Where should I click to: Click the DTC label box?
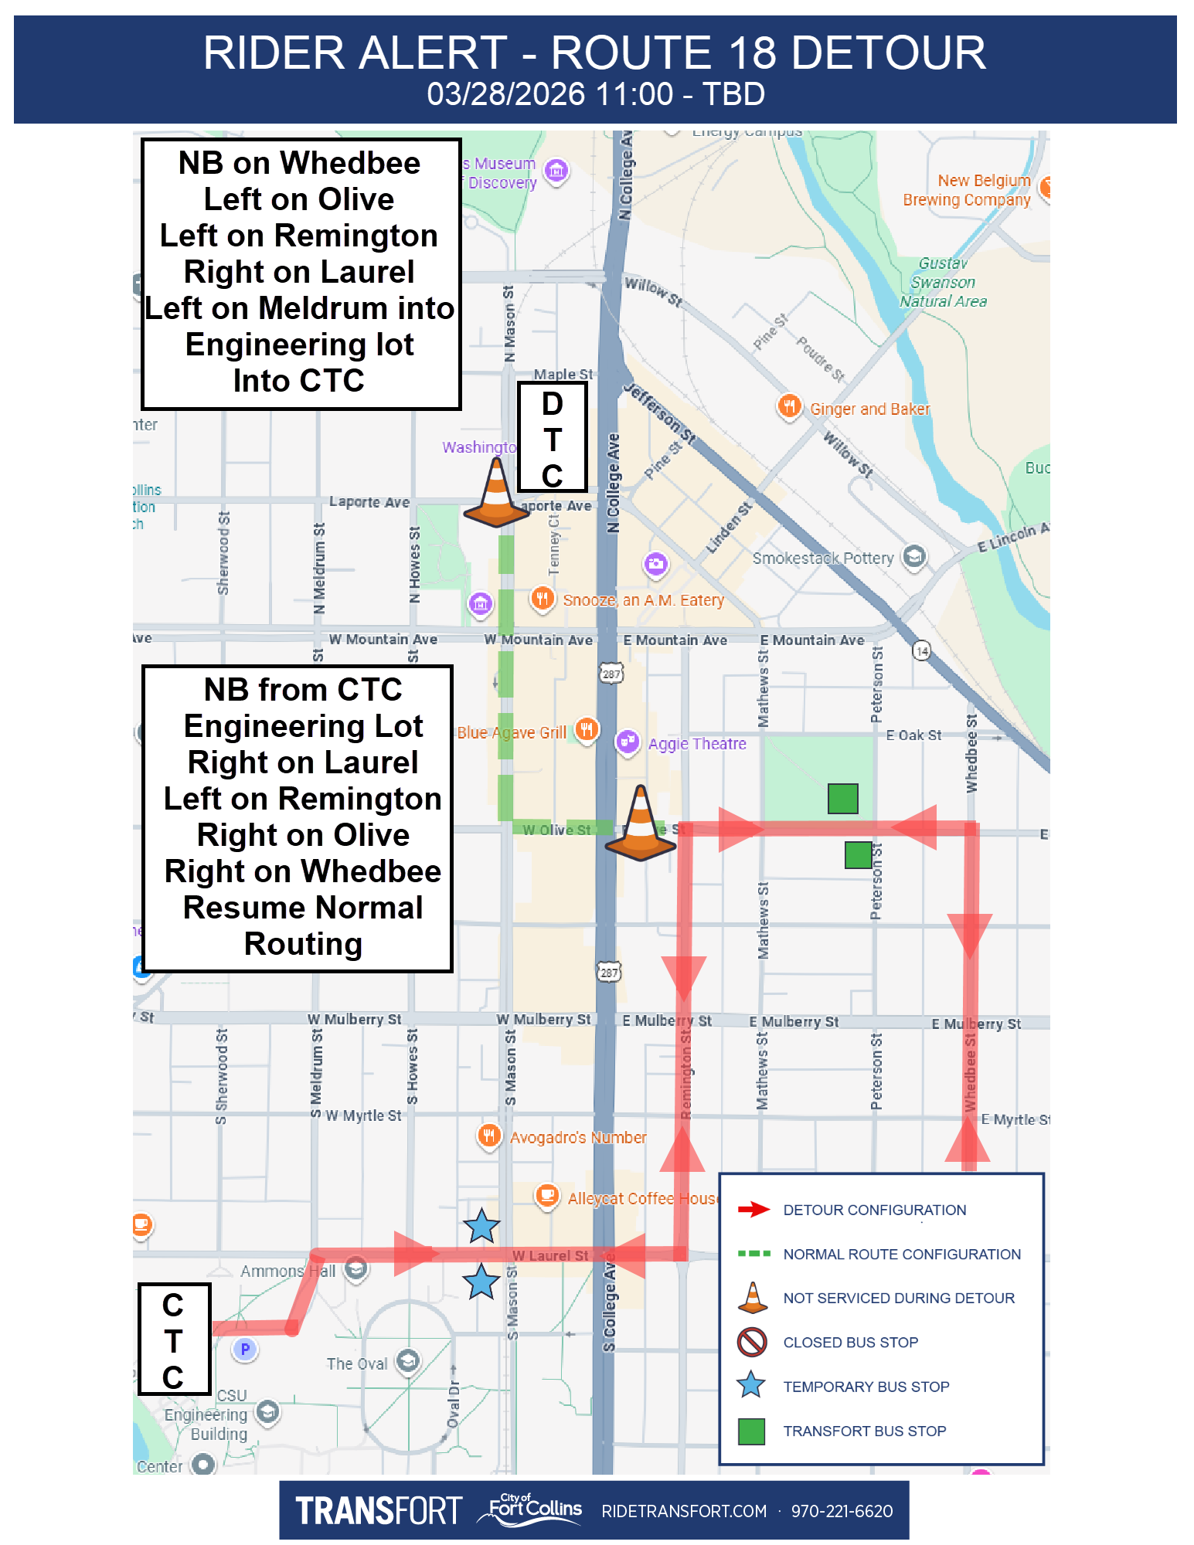tap(552, 437)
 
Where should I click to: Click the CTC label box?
tap(174, 1339)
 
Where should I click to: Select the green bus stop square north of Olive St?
tap(842, 798)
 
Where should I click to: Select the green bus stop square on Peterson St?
tap(858, 855)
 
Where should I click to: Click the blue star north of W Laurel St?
tap(481, 1226)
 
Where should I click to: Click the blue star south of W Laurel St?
tap(481, 1282)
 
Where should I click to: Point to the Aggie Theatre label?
tap(697, 744)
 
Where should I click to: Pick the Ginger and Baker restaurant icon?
tap(789, 406)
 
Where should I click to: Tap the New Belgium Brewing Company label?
tap(967, 190)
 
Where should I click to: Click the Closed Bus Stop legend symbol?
tap(751, 1342)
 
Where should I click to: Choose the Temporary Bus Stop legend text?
tap(866, 1387)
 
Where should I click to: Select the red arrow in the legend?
tap(753, 1209)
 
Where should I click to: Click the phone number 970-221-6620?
tap(842, 1511)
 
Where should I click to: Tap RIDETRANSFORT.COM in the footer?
tap(684, 1511)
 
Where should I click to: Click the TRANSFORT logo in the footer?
tap(378, 1511)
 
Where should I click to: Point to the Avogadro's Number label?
tap(578, 1137)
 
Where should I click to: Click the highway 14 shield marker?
tap(921, 650)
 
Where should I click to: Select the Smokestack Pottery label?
tap(823, 558)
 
